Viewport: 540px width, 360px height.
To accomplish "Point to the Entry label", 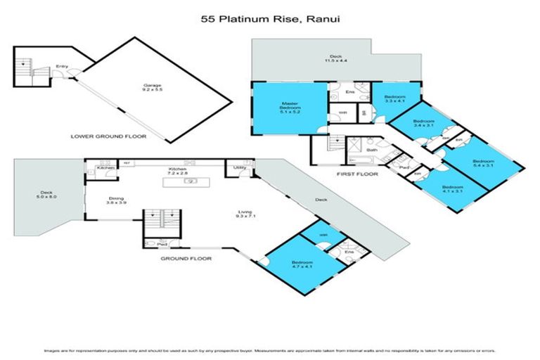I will coord(63,67).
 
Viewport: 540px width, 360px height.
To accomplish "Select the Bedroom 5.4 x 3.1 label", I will coord(483,162).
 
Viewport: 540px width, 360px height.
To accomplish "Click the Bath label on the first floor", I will coord(371,150).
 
